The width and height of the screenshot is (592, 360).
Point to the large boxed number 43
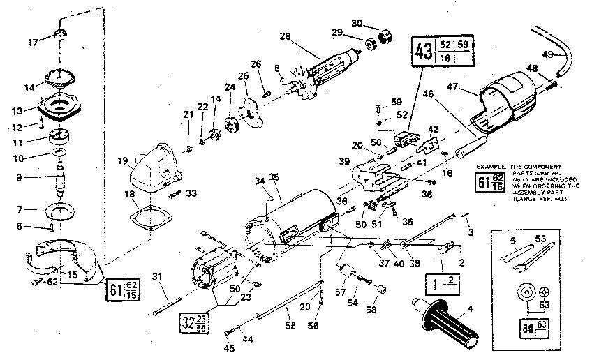click(x=423, y=52)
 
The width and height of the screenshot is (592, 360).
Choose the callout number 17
click(x=32, y=43)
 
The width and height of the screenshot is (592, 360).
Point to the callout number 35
click(x=274, y=177)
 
